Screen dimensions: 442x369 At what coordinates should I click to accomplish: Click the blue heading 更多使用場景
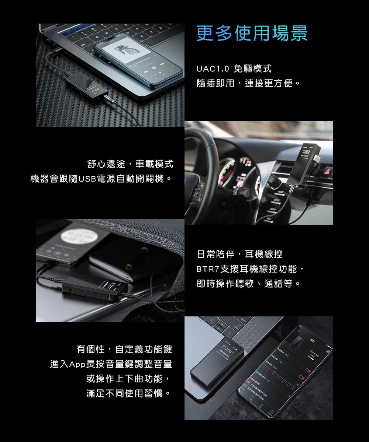click(252, 34)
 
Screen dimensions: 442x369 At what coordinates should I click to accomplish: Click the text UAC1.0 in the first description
click(213, 69)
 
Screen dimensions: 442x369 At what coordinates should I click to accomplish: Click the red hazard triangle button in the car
click(327, 172)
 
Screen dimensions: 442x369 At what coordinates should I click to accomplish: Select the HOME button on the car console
click(281, 193)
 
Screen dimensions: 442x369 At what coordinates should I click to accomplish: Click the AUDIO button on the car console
click(273, 209)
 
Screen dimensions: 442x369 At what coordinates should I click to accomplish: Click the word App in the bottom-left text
click(77, 364)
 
